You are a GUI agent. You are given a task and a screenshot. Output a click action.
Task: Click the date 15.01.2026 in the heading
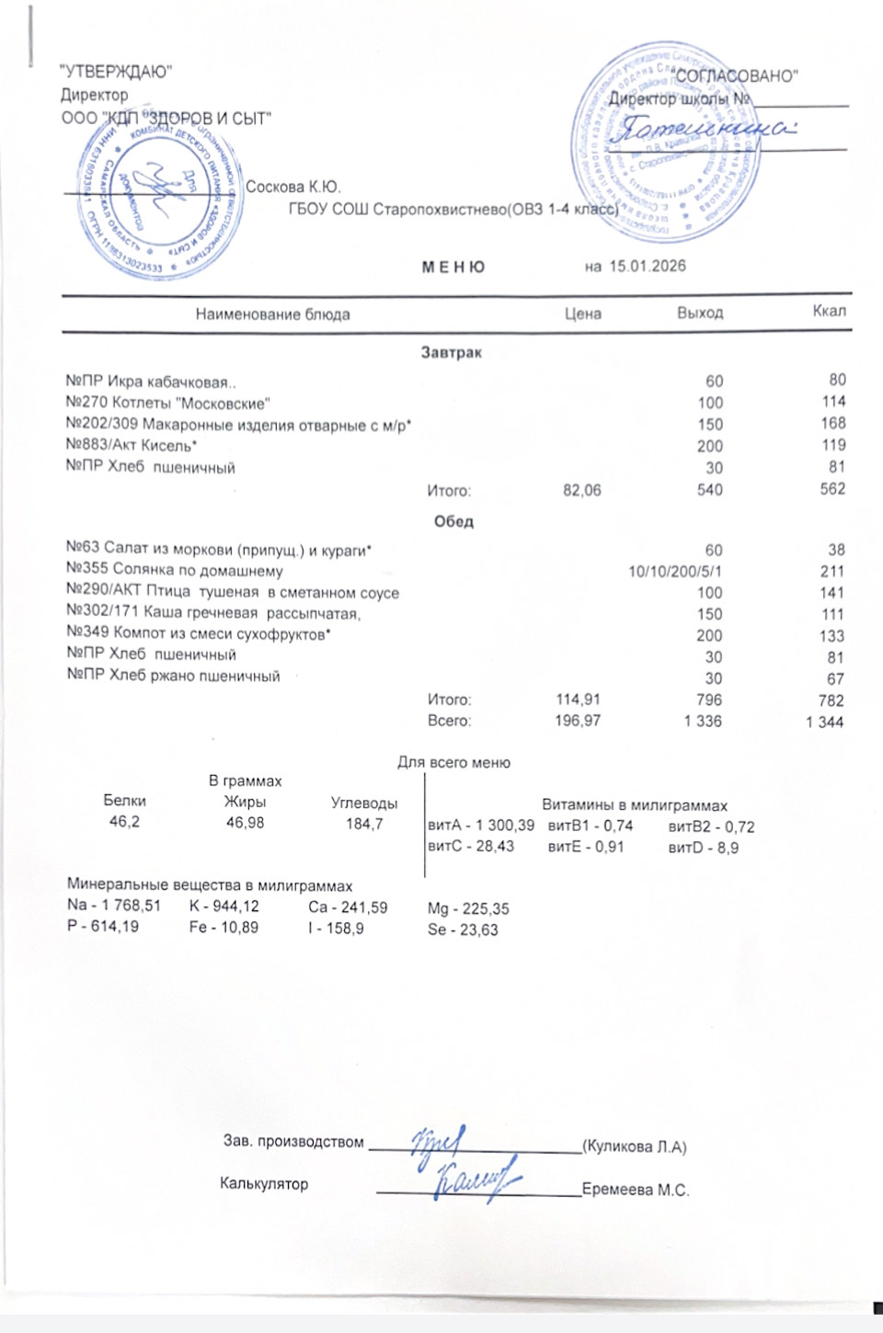(x=647, y=267)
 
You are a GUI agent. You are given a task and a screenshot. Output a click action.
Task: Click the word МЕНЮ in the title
(x=453, y=268)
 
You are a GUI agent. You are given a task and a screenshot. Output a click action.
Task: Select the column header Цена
(x=582, y=313)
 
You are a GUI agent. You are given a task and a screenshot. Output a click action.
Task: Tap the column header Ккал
(x=829, y=311)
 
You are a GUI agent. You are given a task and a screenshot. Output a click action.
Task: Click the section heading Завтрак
(x=451, y=352)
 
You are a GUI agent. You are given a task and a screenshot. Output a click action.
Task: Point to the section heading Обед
(x=453, y=521)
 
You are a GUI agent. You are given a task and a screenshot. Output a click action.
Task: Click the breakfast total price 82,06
(x=581, y=491)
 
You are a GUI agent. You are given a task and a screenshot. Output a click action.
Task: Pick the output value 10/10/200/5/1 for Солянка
(x=675, y=572)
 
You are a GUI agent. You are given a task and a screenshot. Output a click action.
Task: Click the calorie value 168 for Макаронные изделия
(x=832, y=424)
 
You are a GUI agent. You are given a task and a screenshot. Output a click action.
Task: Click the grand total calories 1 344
(x=824, y=723)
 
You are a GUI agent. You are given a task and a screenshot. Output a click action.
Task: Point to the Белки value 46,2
(x=124, y=822)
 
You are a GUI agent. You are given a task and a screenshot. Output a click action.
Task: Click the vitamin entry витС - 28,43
(x=471, y=847)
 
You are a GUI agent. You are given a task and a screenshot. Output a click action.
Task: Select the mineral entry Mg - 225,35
(x=467, y=909)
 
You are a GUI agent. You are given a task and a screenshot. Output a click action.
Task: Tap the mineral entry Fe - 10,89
(x=223, y=929)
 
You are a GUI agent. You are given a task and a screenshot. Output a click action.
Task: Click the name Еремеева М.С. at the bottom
(x=635, y=1190)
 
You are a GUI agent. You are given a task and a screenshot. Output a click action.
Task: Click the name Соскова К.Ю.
(x=292, y=188)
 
